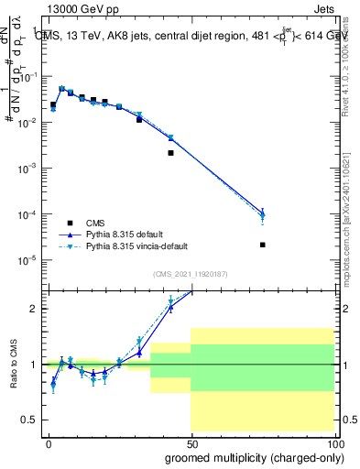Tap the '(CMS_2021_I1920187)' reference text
click(x=190, y=274)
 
